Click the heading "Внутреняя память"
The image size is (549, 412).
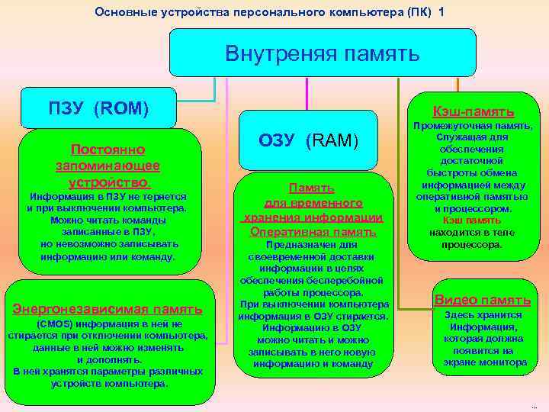[x=322, y=54]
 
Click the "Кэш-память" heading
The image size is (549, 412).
[x=473, y=111]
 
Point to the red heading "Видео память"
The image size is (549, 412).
[x=483, y=300]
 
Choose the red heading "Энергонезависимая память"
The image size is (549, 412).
[x=108, y=309]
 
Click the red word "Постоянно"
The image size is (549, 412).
[x=108, y=150]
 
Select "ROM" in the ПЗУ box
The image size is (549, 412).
[x=120, y=108]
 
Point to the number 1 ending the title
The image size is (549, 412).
[x=441, y=11]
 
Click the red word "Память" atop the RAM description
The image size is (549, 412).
[x=311, y=188]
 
